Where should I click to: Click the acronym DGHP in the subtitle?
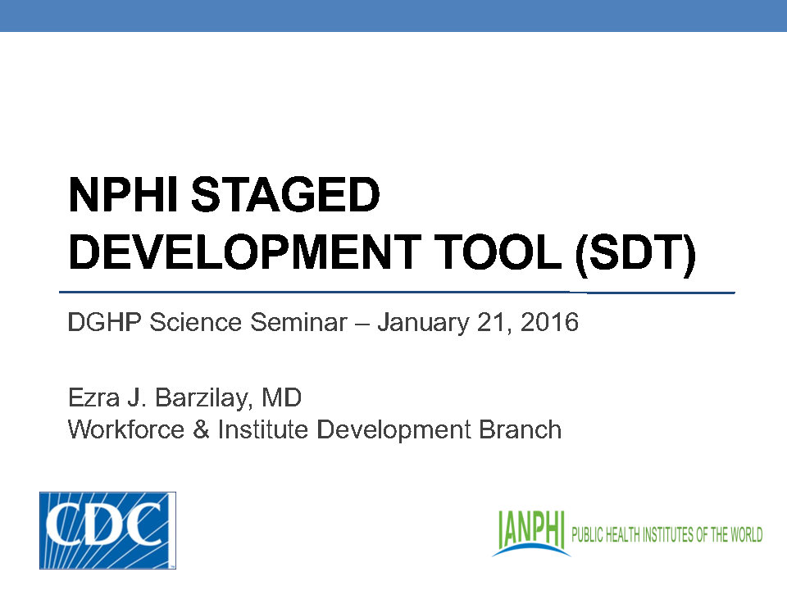tap(97, 323)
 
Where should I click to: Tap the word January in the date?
tap(423, 323)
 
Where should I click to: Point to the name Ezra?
tap(92, 399)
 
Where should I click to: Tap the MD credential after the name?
tap(282, 399)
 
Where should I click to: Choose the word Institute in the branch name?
tap(263, 429)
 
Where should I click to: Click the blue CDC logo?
tap(107, 530)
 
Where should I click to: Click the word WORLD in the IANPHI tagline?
tap(744, 535)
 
